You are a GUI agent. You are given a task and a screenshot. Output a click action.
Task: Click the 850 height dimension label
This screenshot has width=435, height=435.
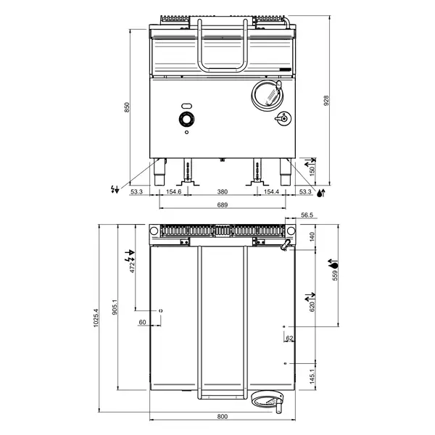(128, 107)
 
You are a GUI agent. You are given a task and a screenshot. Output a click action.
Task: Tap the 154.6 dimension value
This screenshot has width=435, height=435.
(173, 191)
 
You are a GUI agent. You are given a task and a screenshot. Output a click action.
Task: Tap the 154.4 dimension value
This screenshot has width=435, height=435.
(271, 191)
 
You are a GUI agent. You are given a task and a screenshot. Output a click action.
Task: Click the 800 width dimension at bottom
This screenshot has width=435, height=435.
(222, 416)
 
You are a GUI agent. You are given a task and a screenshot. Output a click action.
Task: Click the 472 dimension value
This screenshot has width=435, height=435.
(133, 266)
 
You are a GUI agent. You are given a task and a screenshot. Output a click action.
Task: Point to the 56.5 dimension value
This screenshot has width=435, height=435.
(306, 215)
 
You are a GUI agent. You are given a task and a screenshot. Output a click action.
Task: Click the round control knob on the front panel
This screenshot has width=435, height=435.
(186, 120)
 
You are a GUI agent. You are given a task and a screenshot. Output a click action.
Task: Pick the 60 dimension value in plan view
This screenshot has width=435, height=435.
(143, 321)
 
